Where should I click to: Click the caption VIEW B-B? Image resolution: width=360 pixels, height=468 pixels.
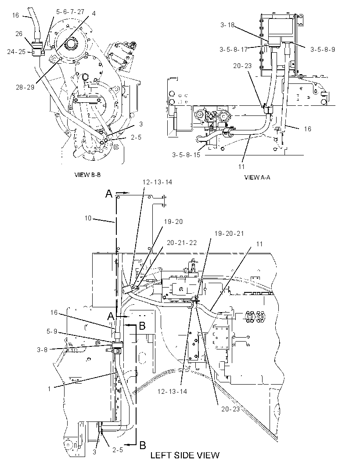coord(87,175)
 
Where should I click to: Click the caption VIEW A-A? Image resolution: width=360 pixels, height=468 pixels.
coord(257,177)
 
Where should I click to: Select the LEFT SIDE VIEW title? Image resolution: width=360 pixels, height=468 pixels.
coord(185,455)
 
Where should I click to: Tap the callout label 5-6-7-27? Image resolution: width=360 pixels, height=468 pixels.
coord(70,12)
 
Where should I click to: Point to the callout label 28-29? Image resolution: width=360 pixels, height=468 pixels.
coord(25,87)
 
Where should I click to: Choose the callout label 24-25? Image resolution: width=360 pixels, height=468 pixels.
coord(16,52)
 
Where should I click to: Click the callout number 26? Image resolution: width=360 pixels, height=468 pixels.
coord(19,34)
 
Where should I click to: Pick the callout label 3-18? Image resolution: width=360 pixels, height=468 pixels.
coord(227,25)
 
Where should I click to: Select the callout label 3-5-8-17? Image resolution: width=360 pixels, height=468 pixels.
coord(234,50)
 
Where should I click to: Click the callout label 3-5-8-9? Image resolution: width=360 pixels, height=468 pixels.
coord(323,50)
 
